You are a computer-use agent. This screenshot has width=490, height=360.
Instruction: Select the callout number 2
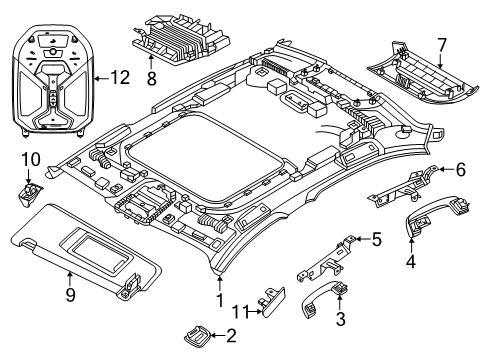click(x=231, y=335)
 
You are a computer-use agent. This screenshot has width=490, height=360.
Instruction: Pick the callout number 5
click(x=376, y=239)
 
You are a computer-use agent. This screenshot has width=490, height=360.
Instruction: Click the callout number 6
click(x=461, y=171)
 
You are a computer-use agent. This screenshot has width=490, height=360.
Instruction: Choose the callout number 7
click(x=467, y=46)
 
